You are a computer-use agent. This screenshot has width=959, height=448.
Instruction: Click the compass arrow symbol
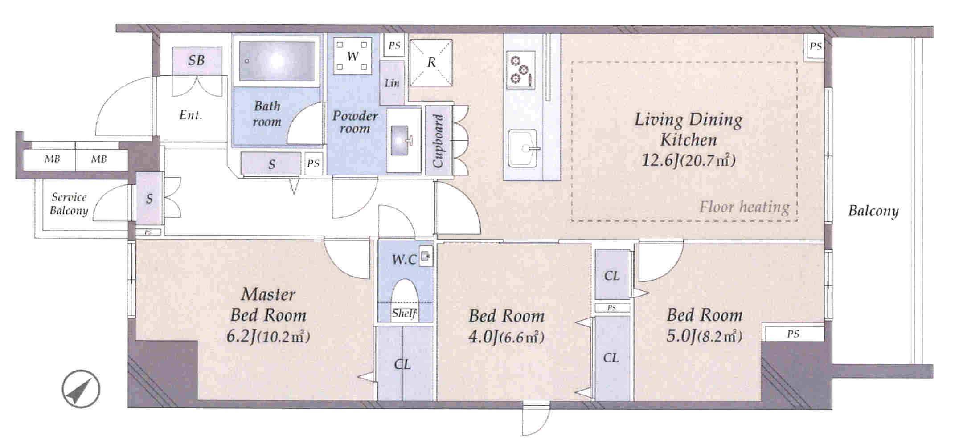(x=81, y=389)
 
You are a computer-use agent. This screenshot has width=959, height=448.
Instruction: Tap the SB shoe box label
(x=196, y=60)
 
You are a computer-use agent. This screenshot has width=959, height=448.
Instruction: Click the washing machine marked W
(x=352, y=56)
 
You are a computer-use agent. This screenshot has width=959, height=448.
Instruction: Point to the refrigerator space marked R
(x=431, y=62)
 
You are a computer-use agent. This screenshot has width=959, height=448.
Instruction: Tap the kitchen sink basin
(x=523, y=148)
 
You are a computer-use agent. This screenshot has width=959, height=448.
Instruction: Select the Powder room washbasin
(x=403, y=140)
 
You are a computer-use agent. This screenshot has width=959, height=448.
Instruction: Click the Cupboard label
(x=438, y=141)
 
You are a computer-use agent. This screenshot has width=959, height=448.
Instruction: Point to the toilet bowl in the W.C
(x=405, y=294)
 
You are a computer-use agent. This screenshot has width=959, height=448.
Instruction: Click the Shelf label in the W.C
(x=404, y=314)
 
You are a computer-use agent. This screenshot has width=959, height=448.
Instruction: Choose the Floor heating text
(x=744, y=207)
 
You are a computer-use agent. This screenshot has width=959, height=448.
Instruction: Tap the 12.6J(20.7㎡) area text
(x=688, y=159)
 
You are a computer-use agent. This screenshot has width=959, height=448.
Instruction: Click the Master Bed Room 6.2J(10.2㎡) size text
(x=268, y=336)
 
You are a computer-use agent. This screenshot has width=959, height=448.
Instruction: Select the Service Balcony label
(x=69, y=204)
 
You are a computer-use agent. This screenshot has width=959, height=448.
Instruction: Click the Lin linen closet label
(x=392, y=83)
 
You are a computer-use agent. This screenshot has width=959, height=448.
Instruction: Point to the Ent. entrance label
(x=191, y=115)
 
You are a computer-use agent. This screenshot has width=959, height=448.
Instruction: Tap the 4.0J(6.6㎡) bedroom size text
(x=506, y=337)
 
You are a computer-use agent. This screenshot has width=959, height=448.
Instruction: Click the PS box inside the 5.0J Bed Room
(x=793, y=334)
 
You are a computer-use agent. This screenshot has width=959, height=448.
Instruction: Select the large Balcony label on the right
(x=873, y=211)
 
